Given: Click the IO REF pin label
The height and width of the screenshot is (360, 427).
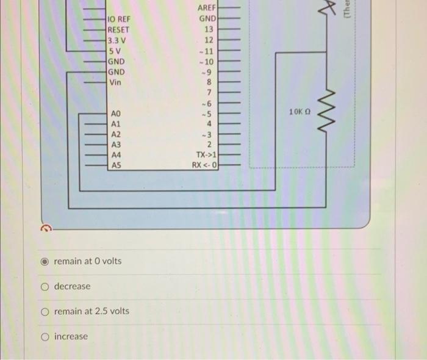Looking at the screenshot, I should point(119,19).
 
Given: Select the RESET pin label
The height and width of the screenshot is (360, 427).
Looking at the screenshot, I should point(118,29).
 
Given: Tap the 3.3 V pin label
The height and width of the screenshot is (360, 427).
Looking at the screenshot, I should point(116,40).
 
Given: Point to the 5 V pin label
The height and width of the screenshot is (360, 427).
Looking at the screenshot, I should point(113,50).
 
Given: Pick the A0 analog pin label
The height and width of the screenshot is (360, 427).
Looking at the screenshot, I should point(116,114).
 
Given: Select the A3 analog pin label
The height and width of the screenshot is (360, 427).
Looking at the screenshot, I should point(116,145).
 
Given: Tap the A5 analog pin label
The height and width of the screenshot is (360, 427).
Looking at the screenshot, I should point(116,165).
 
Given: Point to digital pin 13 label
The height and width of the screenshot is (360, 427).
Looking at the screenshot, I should point(209,29).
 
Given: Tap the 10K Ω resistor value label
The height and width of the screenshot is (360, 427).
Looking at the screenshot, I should point(301,112).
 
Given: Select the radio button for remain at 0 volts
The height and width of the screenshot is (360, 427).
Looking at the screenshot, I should point(45,261).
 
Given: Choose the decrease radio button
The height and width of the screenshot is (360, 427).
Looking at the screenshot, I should point(45,287).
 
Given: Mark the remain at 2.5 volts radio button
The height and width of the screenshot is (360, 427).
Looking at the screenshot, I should point(45,312).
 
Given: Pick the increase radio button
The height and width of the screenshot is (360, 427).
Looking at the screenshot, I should point(45,337).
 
